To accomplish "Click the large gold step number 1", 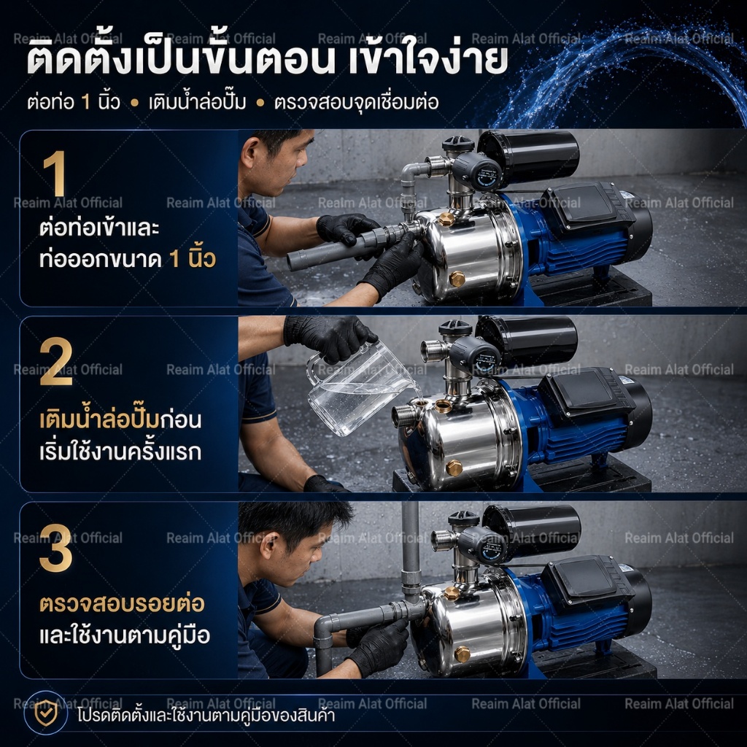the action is pyautogui.click(x=55, y=173).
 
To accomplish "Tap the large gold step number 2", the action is pyautogui.click(x=56, y=361).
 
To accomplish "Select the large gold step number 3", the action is pyautogui.click(x=56, y=548).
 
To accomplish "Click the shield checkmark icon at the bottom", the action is pyautogui.click(x=46, y=713).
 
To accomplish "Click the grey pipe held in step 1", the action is pyautogui.click(x=333, y=248).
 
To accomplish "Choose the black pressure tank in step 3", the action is pyautogui.click(x=532, y=530).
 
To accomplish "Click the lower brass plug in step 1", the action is pyautogui.click(x=457, y=279).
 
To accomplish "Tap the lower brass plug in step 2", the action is pyautogui.click(x=454, y=468).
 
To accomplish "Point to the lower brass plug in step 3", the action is pyautogui.click(x=462, y=654).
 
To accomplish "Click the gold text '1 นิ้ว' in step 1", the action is pyautogui.click(x=193, y=259).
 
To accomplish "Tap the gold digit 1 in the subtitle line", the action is pyautogui.click(x=86, y=102).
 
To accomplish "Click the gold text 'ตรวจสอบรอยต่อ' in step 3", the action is pyautogui.click(x=122, y=603).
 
